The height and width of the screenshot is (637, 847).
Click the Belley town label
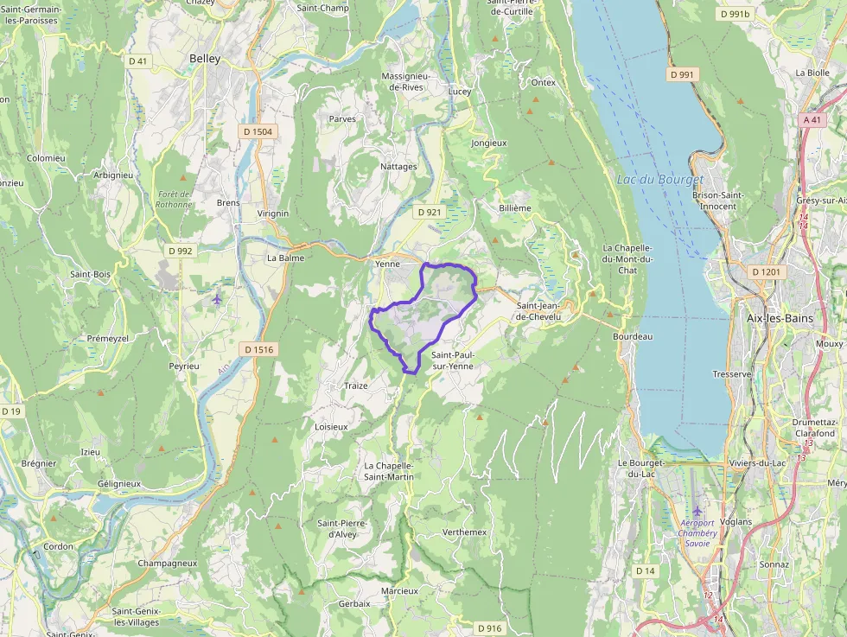205,59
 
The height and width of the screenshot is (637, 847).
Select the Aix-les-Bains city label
780,318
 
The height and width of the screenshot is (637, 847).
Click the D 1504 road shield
257,132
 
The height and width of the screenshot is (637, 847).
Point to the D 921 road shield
429,212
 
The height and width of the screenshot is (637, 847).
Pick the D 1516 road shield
258,349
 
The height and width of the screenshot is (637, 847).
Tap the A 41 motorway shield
812,120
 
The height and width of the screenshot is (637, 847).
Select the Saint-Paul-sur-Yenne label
453,360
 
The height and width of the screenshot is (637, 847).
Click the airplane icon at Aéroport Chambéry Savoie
697,511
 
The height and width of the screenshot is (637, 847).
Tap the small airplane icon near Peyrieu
216,299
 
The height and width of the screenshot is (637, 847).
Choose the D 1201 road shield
766,272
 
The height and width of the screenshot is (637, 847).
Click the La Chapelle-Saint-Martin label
389,471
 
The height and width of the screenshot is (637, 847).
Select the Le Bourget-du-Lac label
640,468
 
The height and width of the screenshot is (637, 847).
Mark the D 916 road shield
488,628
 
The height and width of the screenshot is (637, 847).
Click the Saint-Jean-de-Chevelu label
544,311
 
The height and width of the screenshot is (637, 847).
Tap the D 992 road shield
181,251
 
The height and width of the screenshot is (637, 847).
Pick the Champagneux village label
167,563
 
